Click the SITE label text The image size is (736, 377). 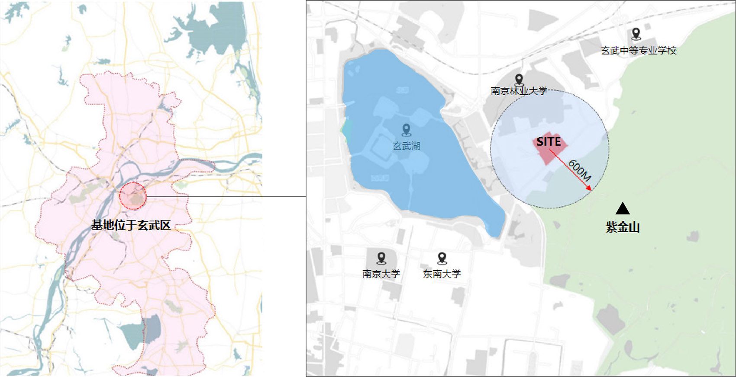[x=549, y=142]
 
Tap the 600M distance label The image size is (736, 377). [x=579, y=170]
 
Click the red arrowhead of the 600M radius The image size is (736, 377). [x=589, y=188]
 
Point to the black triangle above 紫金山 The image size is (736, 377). [x=623, y=209]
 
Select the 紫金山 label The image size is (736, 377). [x=623, y=227]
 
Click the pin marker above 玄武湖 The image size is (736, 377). [x=406, y=129]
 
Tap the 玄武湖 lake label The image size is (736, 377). [x=406, y=146]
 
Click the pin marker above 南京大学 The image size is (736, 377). [x=381, y=258]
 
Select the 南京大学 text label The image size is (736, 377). [x=381, y=274]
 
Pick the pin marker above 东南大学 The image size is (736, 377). [x=442, y=258]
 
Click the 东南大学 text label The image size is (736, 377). [x=442, y=274]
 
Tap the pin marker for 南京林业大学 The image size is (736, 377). [x=519, y=80]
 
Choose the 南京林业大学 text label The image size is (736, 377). [x=519, y=91]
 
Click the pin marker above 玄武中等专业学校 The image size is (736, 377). [x=636, y=33]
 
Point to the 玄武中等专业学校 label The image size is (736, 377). [x=639, y=51]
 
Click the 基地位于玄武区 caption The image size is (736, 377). [x=131, y=225]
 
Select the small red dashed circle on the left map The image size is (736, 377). [x=133, y=196]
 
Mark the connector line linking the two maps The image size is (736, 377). [x=225, y=196]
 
